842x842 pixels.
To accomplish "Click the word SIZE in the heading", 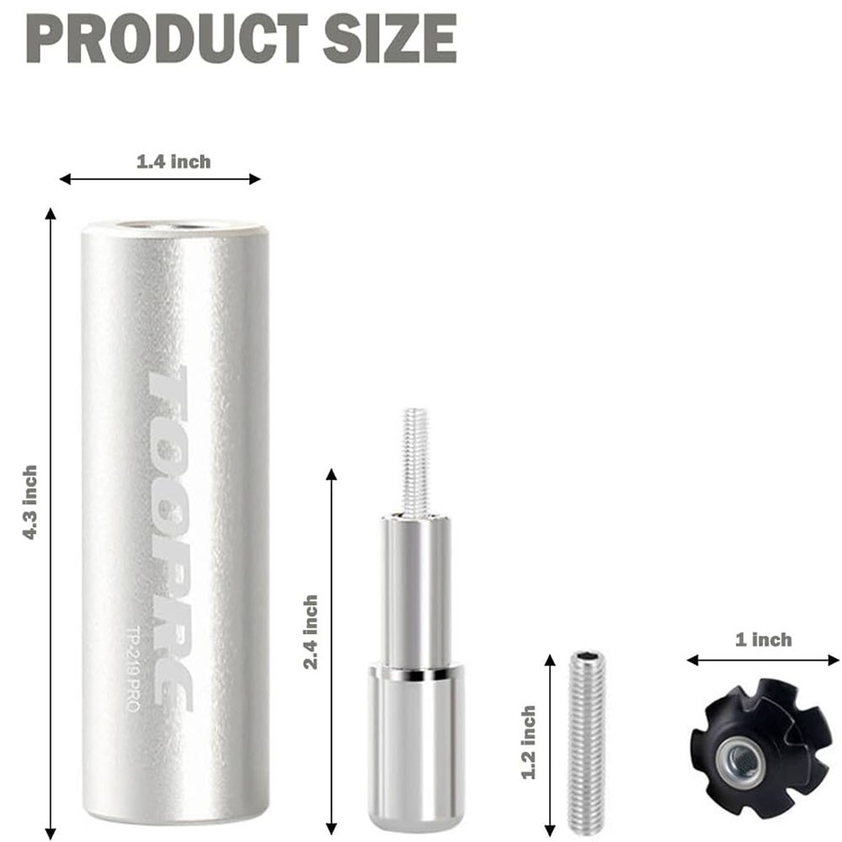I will tap(389, 38).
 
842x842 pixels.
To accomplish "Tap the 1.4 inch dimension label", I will tap(173, 161).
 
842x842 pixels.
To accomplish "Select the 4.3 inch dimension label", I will tap(30, 502).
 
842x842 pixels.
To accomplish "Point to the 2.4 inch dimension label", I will tap(311, 631).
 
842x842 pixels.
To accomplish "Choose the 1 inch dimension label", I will tap(763, 640).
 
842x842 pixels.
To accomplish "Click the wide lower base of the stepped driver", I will tap(418, 741).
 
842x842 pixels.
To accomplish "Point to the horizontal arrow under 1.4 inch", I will tap(160, 179).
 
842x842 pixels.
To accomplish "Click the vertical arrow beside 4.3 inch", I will tap(51, 522).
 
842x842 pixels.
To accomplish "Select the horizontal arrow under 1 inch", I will tap(763, 660).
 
